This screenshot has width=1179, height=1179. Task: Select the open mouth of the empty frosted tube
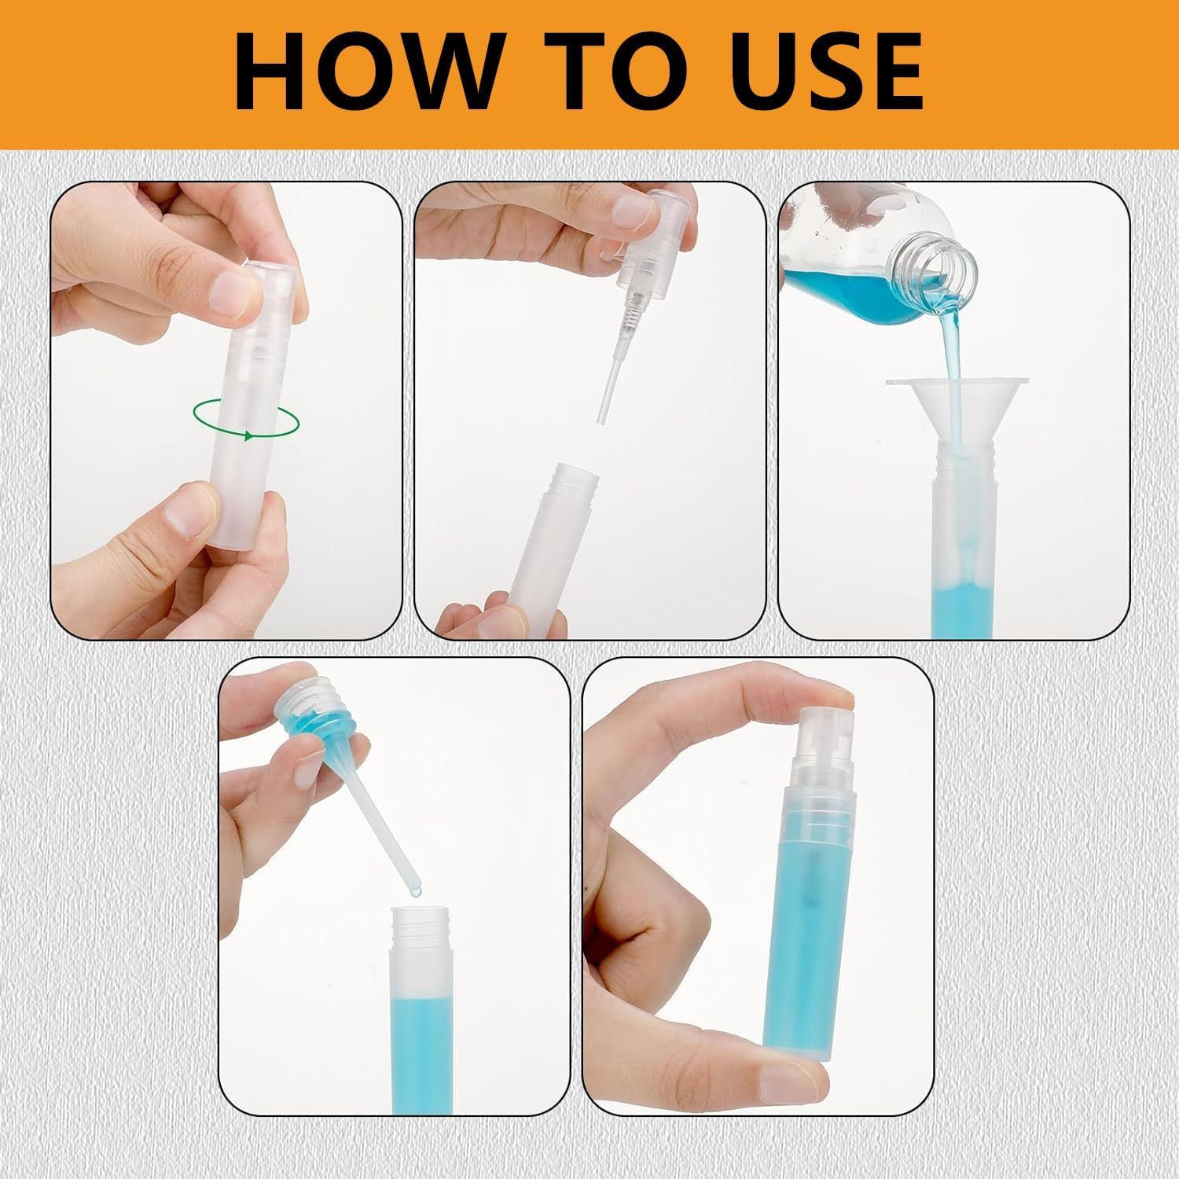tap(575, 476)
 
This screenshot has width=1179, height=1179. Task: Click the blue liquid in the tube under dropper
tap(421, 1045)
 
